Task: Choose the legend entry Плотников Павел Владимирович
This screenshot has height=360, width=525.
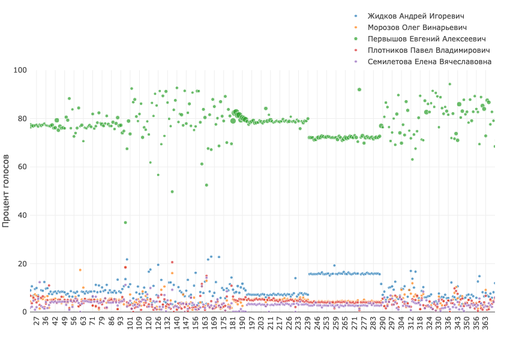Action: tap(428, 50)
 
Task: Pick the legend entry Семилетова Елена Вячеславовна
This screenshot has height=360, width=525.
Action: tap(429, 62)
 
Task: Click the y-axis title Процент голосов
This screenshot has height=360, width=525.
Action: tap(7, 190)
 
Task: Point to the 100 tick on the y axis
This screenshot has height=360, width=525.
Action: tap(20, 70)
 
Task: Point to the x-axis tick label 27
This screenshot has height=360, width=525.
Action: tap(37, 322)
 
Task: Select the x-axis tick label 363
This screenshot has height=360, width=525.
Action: tap(485, 324)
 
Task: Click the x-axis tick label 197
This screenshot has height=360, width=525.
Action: tap(252, 324)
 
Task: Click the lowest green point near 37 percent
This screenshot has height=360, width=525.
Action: tap(125, 223)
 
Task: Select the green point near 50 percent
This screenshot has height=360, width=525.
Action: tap(172, 192)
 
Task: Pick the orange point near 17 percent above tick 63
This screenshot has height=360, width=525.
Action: tap(80, 270)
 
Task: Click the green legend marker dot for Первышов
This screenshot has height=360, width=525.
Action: tap(356, 39)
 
